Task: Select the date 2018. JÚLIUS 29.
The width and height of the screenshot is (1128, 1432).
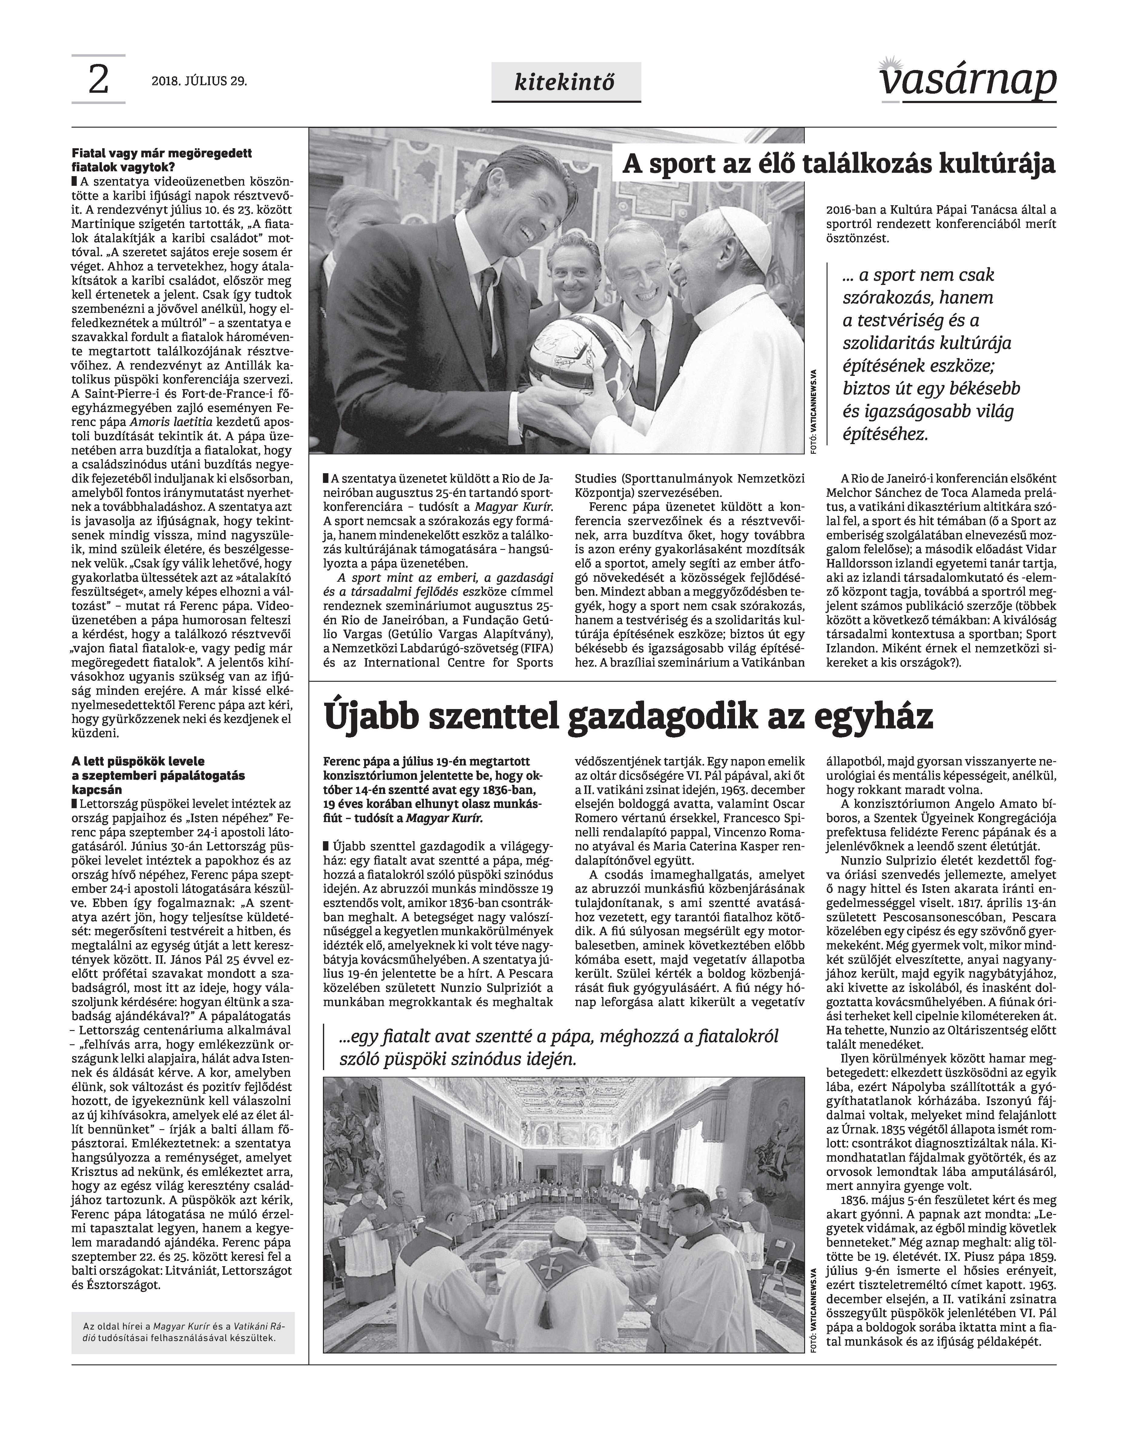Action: point(200,82)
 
